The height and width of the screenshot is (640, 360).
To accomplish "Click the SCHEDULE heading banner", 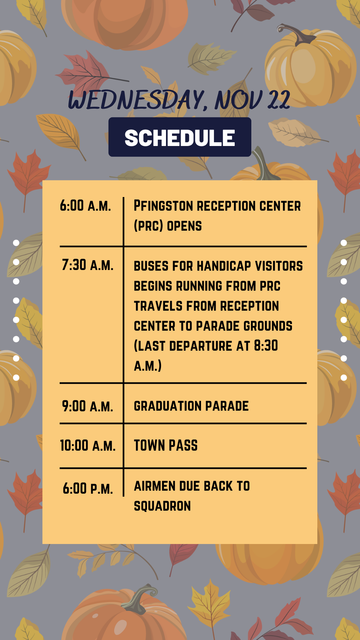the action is pos(180,137).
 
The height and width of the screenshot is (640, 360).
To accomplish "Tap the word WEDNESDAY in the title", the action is pos(137,100).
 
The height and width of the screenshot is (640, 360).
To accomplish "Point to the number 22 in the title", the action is pos(279,100).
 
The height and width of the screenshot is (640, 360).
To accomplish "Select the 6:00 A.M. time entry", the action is pos(85,206).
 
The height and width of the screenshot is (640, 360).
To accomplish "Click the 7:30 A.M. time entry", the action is pos(88,265).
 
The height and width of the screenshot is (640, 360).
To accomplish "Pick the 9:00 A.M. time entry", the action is pos(88,406).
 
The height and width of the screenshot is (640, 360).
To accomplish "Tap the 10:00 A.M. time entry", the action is pos(88,446).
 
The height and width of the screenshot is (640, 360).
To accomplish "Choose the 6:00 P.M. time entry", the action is pos(88,489).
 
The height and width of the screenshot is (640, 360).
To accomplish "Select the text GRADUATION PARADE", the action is pos(191,406).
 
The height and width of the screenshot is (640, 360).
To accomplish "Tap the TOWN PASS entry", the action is pos(166,445).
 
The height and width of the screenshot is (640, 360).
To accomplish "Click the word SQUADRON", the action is pos(162,506).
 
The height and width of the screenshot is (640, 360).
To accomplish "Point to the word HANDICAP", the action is pos(224,266).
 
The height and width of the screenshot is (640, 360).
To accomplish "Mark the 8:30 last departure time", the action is pos(266,346).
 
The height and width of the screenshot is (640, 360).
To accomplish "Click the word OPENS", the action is pos(184,226).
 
